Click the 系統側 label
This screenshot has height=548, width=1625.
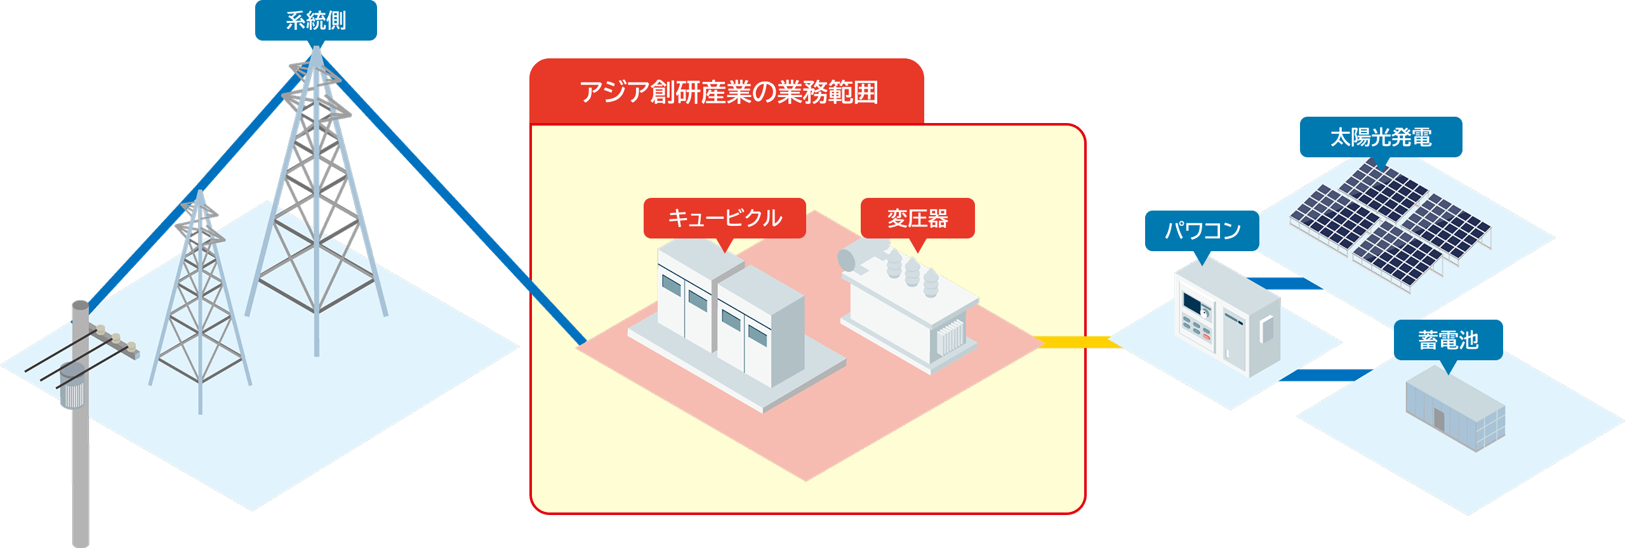tap(315, 21)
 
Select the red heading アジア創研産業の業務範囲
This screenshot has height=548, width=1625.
tap(728, 93)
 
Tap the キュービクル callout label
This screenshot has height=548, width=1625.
tap(724, 218)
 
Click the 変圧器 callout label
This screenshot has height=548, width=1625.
tap(917, 218)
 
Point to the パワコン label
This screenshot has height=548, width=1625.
tap(1202, 231)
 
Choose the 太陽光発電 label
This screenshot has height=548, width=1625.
tap(1381, 137)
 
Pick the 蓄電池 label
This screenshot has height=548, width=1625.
tap(1448, 340)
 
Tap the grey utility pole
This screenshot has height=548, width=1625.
tap(81, 457)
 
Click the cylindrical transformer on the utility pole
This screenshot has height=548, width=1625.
tap(72, 384)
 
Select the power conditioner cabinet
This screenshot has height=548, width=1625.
tap(1225, 317)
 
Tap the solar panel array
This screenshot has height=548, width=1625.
tap(1390, 222)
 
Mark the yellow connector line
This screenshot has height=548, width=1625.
tap(1076, 342)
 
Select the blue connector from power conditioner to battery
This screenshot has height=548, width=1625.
tap(1323, 375)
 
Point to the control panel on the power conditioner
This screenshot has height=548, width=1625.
tap(1197, 317)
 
